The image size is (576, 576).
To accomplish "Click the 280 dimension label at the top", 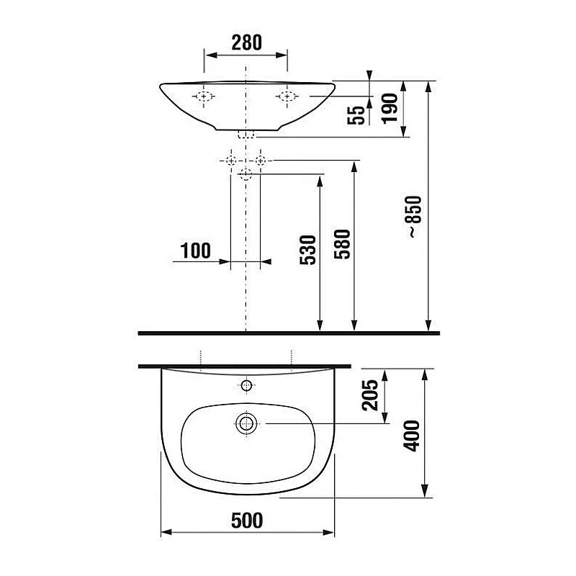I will pos(246,42).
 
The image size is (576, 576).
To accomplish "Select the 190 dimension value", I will pos(390,108).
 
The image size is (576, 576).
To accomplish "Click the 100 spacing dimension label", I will pos(196,251).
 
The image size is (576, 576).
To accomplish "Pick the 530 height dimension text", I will pos(307,250).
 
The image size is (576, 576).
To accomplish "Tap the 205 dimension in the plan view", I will pos(371,395).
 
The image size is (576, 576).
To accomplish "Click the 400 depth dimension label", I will pos(411,434).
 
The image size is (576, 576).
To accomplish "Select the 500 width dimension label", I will pos(246,519).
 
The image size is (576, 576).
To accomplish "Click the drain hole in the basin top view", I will pos(246,423).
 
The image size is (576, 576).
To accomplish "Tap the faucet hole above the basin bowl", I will pos(246,386).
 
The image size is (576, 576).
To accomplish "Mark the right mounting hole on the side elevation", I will pos(287,96).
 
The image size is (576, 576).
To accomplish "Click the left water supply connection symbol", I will pos(230,159).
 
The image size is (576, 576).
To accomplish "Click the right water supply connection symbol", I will pos(261,159).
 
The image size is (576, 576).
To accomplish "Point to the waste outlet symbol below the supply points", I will pos(246,173).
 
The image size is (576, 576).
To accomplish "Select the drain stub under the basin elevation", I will pos(246,135).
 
